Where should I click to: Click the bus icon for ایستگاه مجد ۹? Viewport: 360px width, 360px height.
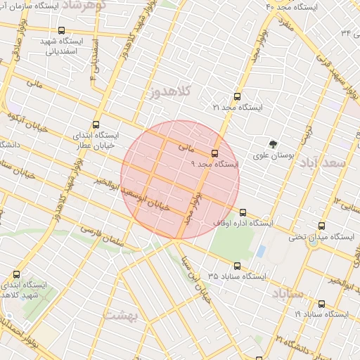pos(214,153)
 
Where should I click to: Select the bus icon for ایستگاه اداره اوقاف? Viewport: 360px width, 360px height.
pos(243,212)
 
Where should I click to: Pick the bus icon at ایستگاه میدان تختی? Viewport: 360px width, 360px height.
pos(321,226)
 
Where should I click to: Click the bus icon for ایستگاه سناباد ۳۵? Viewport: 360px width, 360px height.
pos(236,266)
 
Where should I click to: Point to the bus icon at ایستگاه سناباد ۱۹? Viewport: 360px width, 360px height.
pos(321,304)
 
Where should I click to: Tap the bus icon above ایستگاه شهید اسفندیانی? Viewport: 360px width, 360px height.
pos(63,31)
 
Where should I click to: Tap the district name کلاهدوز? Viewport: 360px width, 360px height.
pos(170,93)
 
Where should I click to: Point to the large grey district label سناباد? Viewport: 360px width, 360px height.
pos(289,292)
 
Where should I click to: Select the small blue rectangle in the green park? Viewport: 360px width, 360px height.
pos(261,251)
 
